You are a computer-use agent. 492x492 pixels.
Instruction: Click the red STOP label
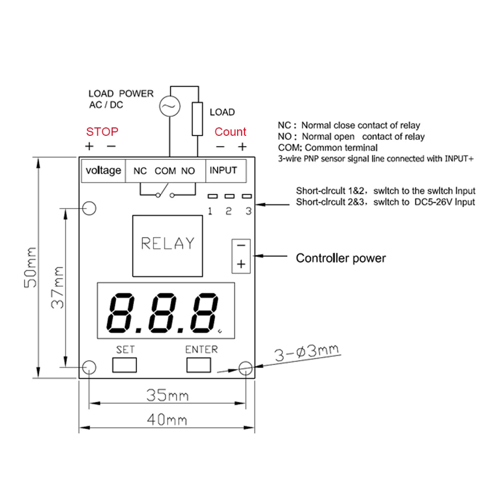pos(102,132)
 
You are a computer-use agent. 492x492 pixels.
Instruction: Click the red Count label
pos(230,132)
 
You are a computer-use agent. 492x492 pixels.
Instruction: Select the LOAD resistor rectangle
pos(198,119)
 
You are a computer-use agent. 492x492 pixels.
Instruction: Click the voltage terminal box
pos(103,171)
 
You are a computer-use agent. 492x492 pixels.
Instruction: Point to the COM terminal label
pos(165,171)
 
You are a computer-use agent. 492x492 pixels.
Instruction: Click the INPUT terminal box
pos(223,171)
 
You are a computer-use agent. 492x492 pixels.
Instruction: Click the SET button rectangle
pos(125,365)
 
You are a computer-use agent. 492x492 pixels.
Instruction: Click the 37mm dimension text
pos(58,287)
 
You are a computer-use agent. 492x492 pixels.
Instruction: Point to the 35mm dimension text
pos(167,395)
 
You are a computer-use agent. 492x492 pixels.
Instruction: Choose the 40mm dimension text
pos(167,420)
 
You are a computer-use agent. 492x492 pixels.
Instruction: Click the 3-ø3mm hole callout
pos(307,353)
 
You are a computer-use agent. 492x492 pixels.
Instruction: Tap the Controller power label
pos(340,258)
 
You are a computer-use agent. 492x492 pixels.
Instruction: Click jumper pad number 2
pos(229,196)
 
